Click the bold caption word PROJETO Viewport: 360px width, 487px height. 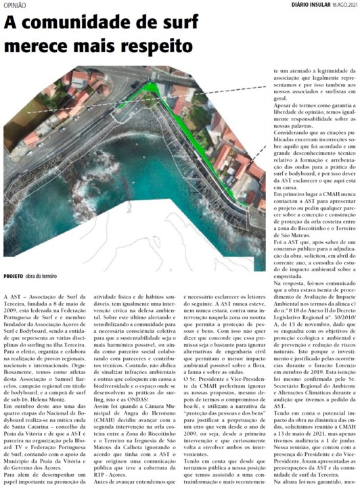(x=14, y=277)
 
